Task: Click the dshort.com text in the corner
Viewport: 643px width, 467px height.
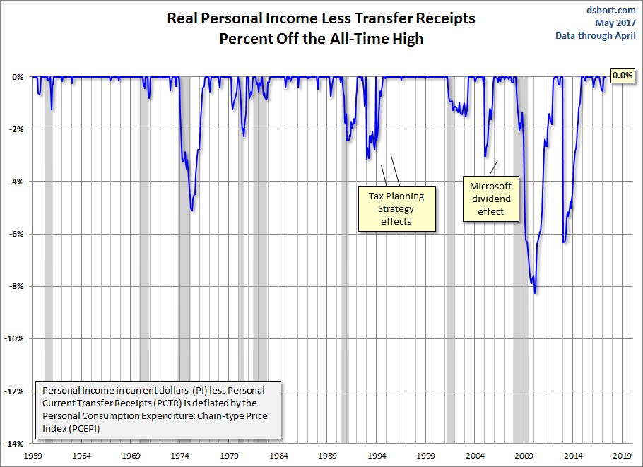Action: pos(611,10)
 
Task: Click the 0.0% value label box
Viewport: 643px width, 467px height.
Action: pos(622,76)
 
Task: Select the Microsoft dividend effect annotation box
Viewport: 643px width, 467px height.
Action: pos(490,199)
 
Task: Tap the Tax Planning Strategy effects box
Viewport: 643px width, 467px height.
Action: pos(396,209)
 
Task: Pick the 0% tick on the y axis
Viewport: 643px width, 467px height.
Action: pos(17,77)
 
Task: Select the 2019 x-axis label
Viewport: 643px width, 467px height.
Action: pos(622,456)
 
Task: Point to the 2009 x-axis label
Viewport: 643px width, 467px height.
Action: pos(524,456)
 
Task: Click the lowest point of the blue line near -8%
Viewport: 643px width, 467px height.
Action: pos(535,292)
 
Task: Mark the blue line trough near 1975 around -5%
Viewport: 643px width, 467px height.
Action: pos(192,211)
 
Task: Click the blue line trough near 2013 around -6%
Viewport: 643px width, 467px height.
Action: pos(563,242)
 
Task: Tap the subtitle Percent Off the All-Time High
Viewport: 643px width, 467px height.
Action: pos(321,38)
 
